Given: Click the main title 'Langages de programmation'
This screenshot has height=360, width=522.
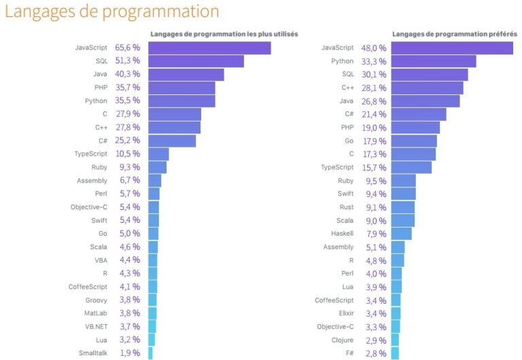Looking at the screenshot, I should (112, 12).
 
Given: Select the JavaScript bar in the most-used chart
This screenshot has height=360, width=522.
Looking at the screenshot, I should (209, 48).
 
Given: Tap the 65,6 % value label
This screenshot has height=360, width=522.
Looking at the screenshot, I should (127, 48).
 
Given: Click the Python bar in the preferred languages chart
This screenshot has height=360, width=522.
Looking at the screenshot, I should (433, 61).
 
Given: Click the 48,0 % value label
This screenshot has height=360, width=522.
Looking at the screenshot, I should (374, 48).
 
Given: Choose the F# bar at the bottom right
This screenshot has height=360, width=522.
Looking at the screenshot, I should (395, 353).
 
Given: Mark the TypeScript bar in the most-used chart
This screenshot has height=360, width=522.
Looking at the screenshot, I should (158, 154).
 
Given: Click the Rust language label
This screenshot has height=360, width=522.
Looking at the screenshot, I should (346, 207).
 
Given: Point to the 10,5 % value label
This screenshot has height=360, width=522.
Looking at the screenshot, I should (127, 154).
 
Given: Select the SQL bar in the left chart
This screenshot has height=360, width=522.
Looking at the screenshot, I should (196, 61).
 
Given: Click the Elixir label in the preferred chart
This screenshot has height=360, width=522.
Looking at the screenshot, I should (344, 314).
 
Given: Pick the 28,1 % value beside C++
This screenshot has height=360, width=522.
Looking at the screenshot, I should (374, 88).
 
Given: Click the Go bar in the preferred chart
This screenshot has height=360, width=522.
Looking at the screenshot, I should (414, 141).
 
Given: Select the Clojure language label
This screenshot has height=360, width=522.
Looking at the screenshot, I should (342, 340).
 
